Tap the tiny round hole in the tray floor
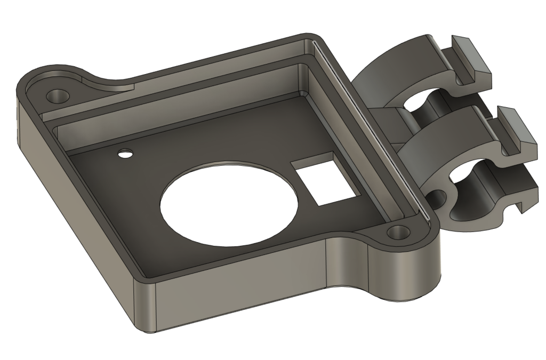point(125,154)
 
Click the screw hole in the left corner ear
point(57,97)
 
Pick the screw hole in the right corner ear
point(397,233)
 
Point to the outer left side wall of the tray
point(75,213)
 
